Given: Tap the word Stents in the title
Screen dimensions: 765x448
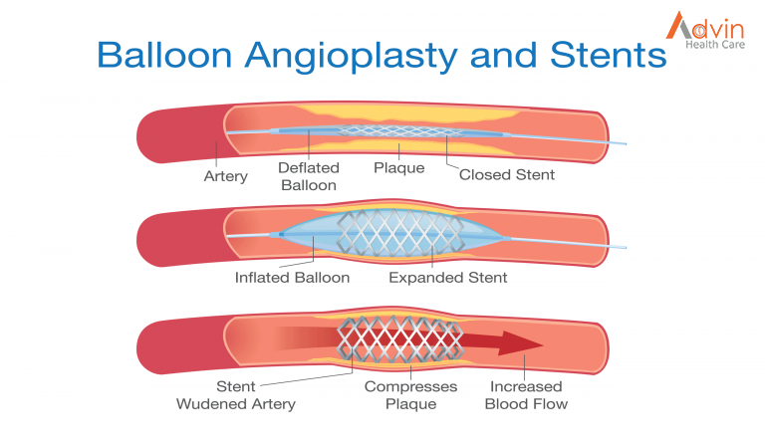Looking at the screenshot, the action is pos(608,54).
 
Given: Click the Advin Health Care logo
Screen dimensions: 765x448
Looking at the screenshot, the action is pos(706,30).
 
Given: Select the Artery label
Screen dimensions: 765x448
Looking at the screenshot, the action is pos(225,176).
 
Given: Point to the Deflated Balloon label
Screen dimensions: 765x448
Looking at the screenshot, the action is pos(309,176).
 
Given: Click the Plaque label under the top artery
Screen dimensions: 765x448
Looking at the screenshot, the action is pos(399,168).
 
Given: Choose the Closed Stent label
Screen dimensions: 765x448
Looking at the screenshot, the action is pos(507,174).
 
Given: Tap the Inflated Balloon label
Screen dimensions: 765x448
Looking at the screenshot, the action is pos(292,278).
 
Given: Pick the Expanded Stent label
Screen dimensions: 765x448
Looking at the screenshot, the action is pos(448,278).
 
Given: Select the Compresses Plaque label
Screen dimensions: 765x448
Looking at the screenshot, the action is pos(410,395).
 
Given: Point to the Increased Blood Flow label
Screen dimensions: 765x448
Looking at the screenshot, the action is pos(526,395).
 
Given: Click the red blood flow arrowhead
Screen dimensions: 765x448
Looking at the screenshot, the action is pos(521,343).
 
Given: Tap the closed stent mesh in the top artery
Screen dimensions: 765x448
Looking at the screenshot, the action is pos(400,130).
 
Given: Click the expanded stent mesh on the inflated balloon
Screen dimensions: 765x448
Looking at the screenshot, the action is pos(400,234).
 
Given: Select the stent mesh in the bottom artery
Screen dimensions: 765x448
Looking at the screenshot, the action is pos(400,339).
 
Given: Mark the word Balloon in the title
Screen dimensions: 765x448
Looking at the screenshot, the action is pos(165,54).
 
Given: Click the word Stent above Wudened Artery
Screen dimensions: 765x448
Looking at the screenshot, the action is pos(236,386).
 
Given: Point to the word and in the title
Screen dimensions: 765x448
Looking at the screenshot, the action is pos(503,54).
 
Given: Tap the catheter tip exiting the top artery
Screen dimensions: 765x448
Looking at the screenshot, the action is pos(625,143).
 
